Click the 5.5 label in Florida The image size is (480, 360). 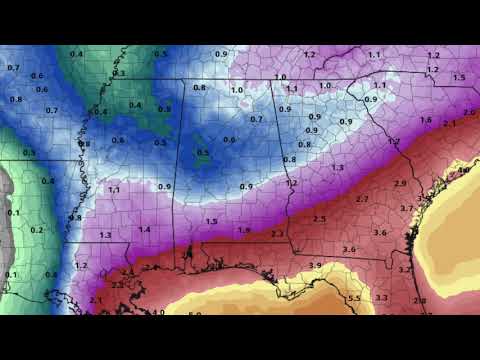click(354, 298)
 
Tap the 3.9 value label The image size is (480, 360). click(315, 265)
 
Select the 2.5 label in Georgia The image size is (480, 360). click(320, 218)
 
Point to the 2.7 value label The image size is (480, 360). click(362, 200)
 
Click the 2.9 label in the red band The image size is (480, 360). click(400, 184)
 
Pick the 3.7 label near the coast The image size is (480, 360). click(406, 208)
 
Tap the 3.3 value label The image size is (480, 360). click(381, 298)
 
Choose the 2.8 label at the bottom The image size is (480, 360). click(419, 300)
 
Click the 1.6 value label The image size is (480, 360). click(426, 120)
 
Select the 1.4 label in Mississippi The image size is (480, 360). click(144, 230)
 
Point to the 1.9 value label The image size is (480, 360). click(244, 230)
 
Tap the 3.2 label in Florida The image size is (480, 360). click(405, 270)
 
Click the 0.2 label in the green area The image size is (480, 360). click(38, 230)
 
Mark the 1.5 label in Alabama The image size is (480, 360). click(211, 222)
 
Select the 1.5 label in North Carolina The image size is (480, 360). click(459, 77)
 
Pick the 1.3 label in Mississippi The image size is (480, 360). click(106, 235)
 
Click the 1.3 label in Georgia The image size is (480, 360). click(337, 168)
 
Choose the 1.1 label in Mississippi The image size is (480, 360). click(113, 189)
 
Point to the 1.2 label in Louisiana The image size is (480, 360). click(81, 267)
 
